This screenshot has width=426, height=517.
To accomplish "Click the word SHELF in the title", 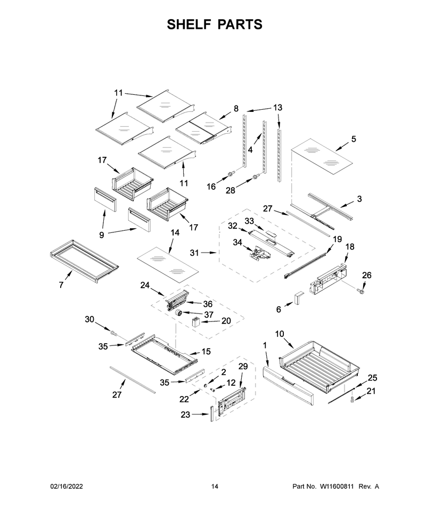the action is [x=187, y=25].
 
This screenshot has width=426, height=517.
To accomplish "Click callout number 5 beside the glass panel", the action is [x=354, y=139].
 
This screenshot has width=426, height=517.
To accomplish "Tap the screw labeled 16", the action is [x=231, y=173].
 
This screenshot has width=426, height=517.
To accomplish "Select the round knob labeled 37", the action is [x=178, y=312].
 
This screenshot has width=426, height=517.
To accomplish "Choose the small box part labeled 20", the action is [x=196, y=321].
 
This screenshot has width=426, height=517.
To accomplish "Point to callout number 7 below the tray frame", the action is [x=61, y=285].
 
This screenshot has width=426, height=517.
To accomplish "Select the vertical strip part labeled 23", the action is [x=210, y=414].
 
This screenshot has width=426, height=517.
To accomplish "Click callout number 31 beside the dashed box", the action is [x=194, y=253].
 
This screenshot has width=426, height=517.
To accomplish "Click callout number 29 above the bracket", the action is [x=243, y=366].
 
